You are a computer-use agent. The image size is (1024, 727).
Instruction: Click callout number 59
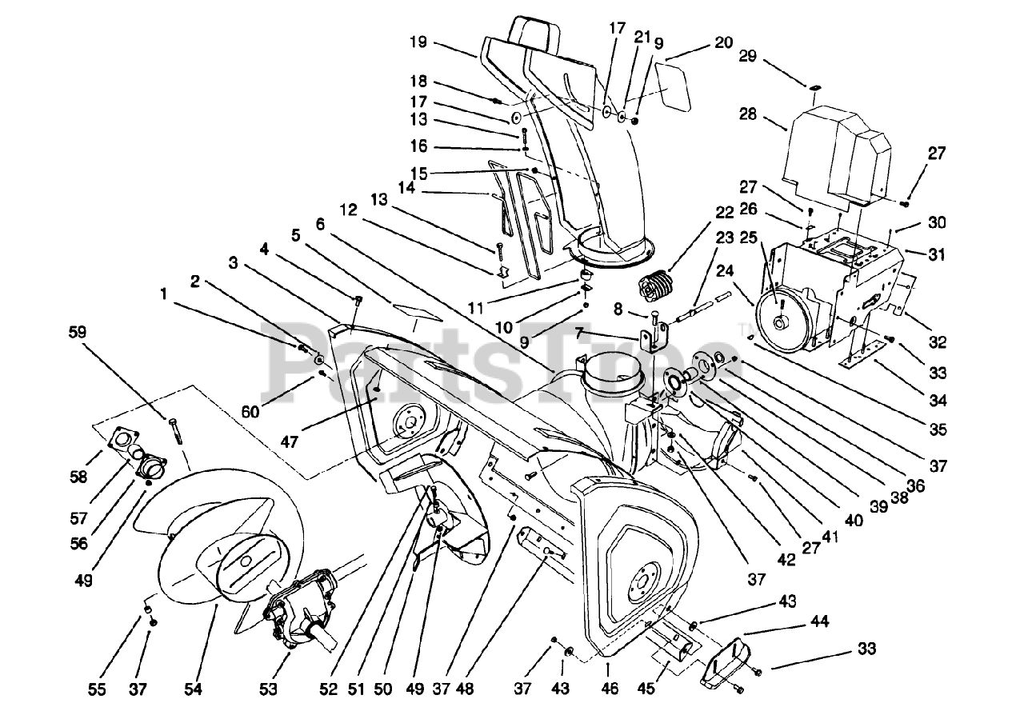point(78,332)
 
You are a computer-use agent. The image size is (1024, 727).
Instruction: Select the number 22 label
point(725,213)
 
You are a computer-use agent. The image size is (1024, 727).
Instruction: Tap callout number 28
point(748,114)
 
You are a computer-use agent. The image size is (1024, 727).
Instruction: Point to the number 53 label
point(268,689)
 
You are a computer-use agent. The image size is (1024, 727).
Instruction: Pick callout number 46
point(610,688)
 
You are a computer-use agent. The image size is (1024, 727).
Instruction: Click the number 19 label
point(418,42)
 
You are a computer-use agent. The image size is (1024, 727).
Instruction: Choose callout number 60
point(250,412)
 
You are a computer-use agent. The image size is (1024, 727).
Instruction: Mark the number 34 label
point(938,401)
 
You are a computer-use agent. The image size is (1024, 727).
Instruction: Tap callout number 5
point(296,236)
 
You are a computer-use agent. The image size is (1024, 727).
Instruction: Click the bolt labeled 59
point(176,431)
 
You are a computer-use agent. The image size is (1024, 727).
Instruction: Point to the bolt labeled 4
point(357,300)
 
